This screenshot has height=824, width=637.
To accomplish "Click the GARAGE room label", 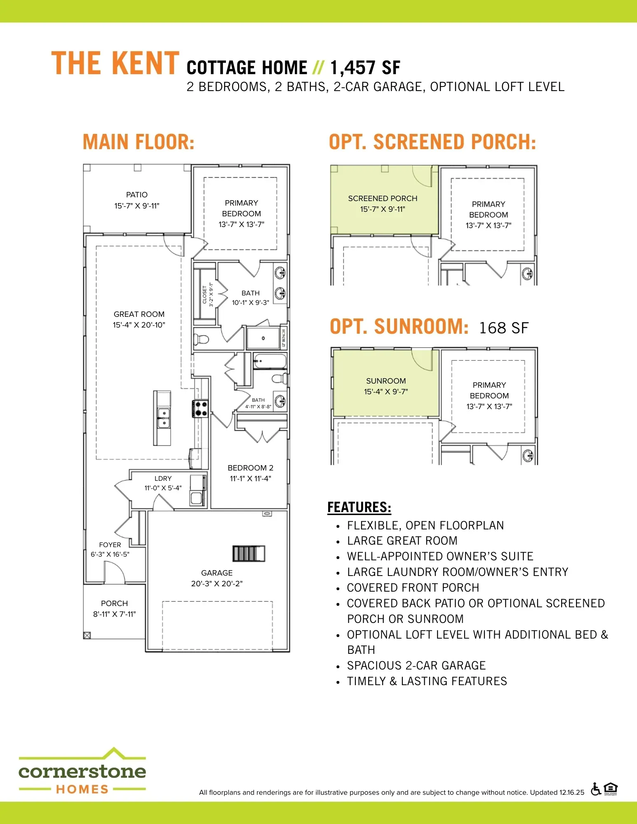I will point(217,573).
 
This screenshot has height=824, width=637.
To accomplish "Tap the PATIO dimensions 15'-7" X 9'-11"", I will point(137,206).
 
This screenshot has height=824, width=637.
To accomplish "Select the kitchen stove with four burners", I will point(201,409).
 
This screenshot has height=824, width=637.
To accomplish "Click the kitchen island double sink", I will point(164,418).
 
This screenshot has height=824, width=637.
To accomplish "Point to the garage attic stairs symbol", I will point(249,553).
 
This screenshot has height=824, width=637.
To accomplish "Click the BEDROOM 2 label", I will point(250,468).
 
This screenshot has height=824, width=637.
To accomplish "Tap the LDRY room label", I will point(163,478).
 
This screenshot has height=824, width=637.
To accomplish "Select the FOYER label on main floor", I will point(110,545).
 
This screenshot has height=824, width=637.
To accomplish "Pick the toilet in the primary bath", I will point(202,339).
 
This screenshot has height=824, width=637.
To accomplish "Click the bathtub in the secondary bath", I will point(270,361).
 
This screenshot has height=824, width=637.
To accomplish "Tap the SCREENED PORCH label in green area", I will point(383,198).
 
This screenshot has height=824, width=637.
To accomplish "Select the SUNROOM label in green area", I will point(386,381).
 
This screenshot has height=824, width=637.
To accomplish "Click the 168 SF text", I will point(503,328).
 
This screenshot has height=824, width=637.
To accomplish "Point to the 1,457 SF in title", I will point(365,68).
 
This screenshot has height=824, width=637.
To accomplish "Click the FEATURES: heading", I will point(359,507).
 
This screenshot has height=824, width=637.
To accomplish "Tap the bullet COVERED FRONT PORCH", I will point(413,588).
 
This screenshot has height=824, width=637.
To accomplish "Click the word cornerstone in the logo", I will point(82,771).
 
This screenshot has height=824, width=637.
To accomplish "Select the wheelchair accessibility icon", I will point(595,789).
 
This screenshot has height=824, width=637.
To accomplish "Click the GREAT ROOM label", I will point(139,314).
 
